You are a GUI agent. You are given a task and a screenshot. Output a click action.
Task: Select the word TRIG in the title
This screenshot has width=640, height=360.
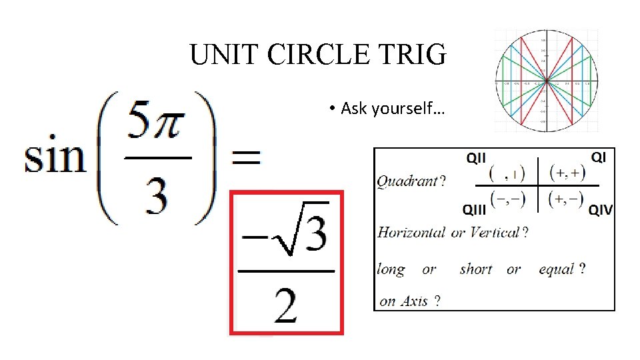[x=416, y=55]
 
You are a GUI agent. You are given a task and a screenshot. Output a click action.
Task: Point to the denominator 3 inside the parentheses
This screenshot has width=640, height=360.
[x=157, y=196]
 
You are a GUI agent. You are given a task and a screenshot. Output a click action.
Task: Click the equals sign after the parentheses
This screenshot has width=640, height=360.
[x=245, y=158]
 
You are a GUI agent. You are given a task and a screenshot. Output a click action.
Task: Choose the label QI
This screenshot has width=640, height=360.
[x=598, y=157]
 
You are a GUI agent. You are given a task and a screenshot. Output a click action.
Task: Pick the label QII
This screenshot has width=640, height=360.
[x=475, y=158]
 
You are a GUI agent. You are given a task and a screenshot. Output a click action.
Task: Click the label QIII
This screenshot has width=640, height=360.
[x=475, y=209]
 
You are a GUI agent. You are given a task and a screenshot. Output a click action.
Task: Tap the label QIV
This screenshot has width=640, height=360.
[x=600, y=210]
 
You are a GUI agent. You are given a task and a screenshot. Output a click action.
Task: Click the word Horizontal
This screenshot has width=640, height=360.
[x=411, y=233]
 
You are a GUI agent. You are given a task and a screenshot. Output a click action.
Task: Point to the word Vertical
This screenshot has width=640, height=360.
[x=494, y=233]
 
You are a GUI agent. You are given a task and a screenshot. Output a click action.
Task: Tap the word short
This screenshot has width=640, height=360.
[x=476, y=269]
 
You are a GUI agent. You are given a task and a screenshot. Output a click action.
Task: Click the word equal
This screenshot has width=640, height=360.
[x=556, y=269]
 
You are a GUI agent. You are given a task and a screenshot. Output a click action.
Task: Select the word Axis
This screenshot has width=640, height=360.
[x=414, y=301]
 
